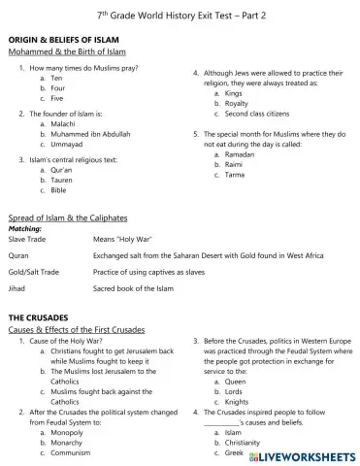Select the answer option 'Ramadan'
click(240, 155)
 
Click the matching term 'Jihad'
click(18, 289)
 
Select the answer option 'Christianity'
click(244, 442)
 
